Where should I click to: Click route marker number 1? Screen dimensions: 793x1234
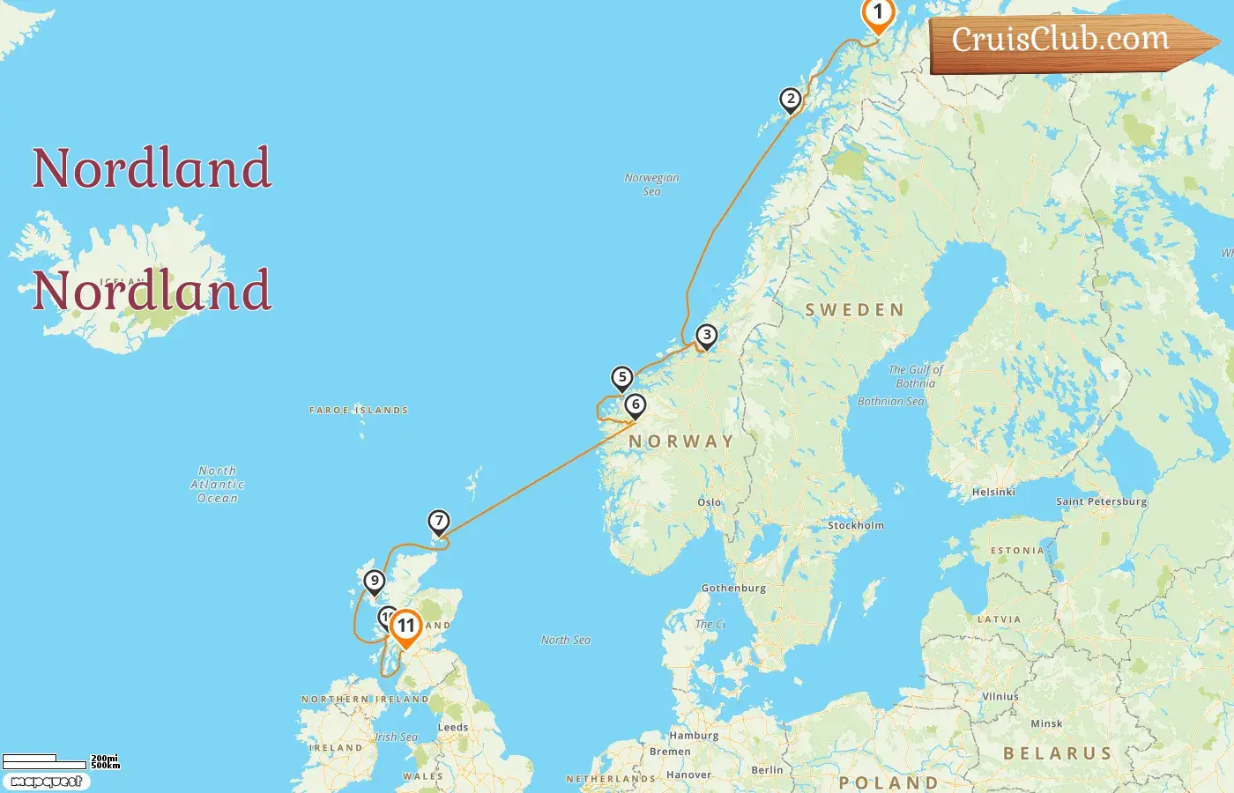(878, 13)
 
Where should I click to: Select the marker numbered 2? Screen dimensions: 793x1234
(791, 100)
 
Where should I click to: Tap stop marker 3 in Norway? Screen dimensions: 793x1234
(706, 336)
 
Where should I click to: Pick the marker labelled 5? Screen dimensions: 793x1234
(622, 378)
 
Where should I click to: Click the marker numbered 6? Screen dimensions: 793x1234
(636, 405)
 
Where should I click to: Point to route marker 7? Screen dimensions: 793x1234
(439, 522)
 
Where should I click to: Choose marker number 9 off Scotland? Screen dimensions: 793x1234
(375, 582)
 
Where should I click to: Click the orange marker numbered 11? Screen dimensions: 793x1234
(405, 626)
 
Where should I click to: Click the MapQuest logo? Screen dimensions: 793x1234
(46, 782)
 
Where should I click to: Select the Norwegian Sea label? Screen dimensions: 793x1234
(651, 184)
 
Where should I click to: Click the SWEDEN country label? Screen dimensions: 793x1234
(854, 310)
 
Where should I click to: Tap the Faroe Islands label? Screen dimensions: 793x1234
(359, 411)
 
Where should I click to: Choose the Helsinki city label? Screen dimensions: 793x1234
(993, 493)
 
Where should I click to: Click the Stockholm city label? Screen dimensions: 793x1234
(855, 525)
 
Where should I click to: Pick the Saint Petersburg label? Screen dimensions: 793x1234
(1101, 501)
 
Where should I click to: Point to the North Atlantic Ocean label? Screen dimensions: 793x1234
(218, 485)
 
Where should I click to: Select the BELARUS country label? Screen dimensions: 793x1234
(1058, 753)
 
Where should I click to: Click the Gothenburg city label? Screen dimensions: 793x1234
(733, 588)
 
